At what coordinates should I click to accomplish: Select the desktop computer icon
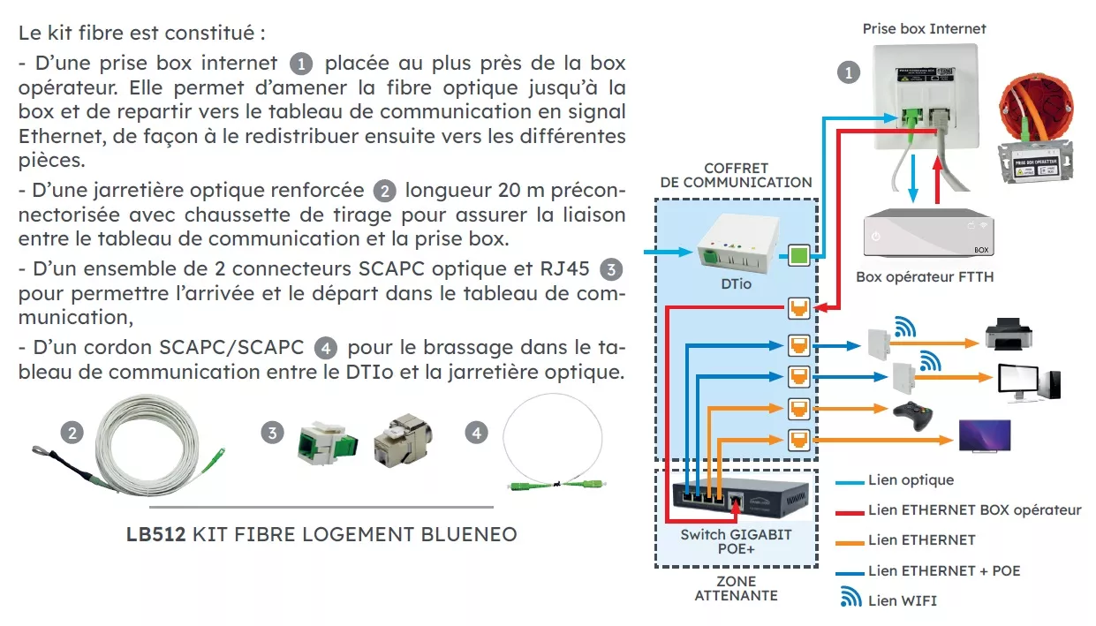pyautogui.click(x=1029, y=381)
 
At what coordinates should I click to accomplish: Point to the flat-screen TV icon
pyautogui.click(x=985, y=436)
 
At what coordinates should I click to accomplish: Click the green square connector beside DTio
pyautogui.click(x=798, y=257)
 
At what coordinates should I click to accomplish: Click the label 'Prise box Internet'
pyautogui.click(x=924, y=29)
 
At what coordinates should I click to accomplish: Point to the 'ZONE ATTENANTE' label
pyautogui.click(x=736, y=588)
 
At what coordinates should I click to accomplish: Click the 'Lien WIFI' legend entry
pyautogui.click(x=902, y=600)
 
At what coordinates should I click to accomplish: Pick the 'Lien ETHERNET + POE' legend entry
pyautogui.click(x=943, y=570)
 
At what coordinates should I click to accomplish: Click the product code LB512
pyautogui.click(x=155, y=534)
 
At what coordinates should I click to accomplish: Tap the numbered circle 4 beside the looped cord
pyautogui.click(x=477, y=433)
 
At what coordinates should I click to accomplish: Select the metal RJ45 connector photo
pyautogui.click(x=402, y=437)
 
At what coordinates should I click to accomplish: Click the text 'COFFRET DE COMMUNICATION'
pyautogui.click(x=736, y=175)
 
